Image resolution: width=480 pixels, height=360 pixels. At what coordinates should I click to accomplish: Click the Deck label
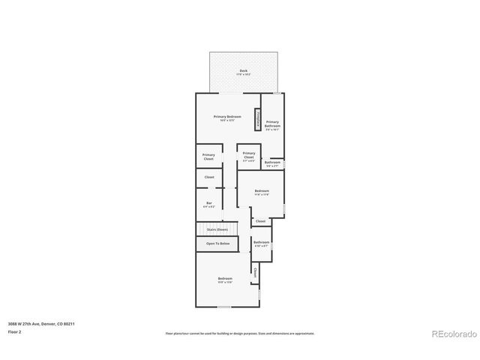point(244,70)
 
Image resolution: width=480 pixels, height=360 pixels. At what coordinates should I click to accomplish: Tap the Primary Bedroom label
point(226,117)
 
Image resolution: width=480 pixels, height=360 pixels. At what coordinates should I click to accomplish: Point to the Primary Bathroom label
point(272,124)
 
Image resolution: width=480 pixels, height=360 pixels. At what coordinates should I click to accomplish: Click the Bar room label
point(209,203)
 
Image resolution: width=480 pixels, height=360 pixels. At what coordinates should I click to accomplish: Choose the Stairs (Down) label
point(217,229)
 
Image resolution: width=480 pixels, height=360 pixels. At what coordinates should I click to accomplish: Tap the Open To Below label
point(217,244)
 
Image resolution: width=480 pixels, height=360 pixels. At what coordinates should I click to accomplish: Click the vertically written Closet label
point(255,271)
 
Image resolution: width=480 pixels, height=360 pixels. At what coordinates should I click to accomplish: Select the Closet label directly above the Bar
point(209,177)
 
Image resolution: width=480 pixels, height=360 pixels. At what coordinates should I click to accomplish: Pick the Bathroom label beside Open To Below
point(261,242)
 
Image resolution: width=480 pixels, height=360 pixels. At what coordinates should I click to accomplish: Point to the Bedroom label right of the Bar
point(262,191)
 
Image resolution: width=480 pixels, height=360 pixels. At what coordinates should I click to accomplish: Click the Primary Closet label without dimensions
point(208,156)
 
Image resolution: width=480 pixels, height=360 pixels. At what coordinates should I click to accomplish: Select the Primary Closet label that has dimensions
point(249,155)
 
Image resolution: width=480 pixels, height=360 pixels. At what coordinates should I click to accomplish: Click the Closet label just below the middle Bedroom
point(261,221)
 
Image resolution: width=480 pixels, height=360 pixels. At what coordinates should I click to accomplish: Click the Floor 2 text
point(15,331)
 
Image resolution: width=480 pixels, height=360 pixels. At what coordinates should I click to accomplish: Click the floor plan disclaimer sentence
point(240,333)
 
